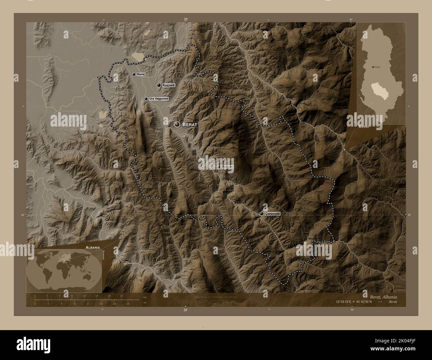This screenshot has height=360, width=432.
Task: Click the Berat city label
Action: click(190, 125)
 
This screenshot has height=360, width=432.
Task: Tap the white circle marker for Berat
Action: click(177, 124)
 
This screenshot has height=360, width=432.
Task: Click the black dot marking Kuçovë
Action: click(159, 85)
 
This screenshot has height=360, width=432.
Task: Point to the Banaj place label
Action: click(141, 74)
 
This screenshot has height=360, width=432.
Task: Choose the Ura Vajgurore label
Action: click(159, 99)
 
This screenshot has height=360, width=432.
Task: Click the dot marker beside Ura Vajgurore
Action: click(146, 99)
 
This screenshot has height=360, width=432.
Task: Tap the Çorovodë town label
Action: click(273, 214)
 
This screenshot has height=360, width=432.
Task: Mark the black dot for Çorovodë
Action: click(262, 214)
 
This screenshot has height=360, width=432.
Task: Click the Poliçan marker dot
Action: click(218, 167)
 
